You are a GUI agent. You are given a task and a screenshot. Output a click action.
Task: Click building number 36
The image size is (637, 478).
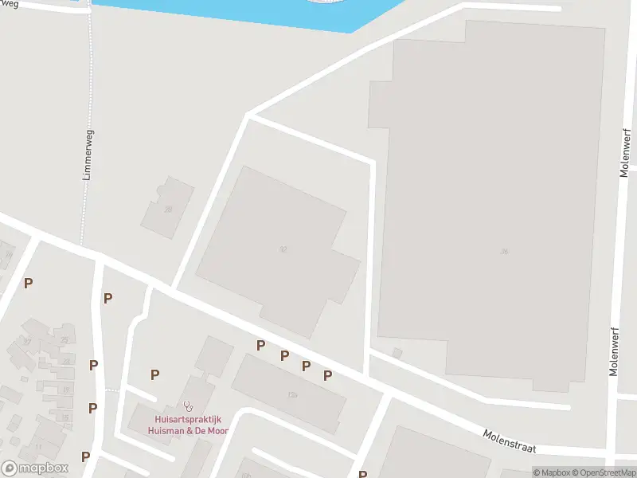(x=504, y=251)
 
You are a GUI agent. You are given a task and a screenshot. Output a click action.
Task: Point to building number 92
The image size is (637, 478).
(x=283, y=249)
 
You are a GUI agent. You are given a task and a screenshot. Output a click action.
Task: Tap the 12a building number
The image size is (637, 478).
(x=292, y=394)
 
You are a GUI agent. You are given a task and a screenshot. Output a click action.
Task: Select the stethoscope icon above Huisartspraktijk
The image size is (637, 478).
(x=188, y=406)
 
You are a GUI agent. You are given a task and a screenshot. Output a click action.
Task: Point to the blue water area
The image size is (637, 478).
(x=239, y=12)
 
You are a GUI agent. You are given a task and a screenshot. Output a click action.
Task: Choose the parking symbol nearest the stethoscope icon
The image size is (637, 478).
(x=154, y=374)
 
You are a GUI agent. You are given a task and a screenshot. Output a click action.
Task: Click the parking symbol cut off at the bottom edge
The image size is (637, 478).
(x=363, y=474)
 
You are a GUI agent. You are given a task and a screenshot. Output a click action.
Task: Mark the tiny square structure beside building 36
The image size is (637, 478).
(x=398, y=352)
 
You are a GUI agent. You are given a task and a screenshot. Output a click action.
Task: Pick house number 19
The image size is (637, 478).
(x=65, y=390)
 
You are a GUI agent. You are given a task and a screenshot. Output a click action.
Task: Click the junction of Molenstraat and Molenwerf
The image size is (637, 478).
(x=614, y=456)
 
